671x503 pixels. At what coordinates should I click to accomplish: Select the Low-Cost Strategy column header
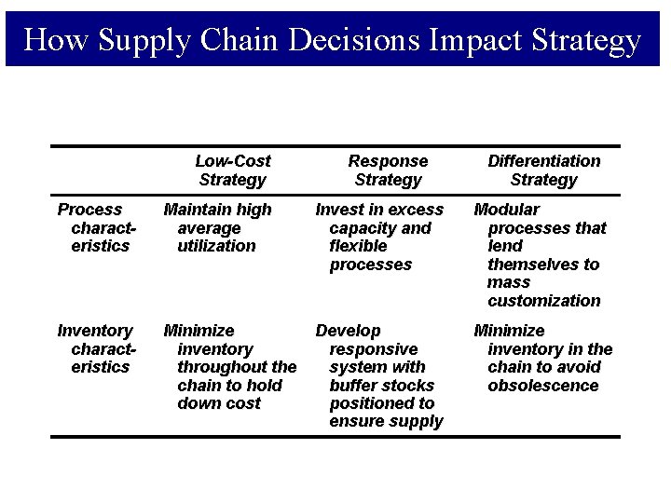tap(233, 170)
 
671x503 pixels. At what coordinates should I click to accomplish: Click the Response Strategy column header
tap(388, 170)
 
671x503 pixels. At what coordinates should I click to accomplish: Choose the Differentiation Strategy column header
tap(544, 170)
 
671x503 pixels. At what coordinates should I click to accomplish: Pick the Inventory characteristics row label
tap(96, 348)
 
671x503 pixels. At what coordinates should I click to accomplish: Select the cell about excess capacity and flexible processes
tap(379, 237)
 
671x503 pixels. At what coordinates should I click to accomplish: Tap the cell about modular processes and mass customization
tap(541, 254)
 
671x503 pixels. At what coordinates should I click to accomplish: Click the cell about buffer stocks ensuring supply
tap(379, 375)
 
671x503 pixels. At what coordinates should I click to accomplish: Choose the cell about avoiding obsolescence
tap(543, 358)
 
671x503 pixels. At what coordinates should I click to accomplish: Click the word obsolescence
tap(543, 386)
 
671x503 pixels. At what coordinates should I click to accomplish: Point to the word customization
tap(544, 301)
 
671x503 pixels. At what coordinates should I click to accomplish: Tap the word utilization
tap(216, 246)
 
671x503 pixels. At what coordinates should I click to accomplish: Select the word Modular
tap(507, 210)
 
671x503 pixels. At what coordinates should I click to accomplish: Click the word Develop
tap(349, 331)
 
